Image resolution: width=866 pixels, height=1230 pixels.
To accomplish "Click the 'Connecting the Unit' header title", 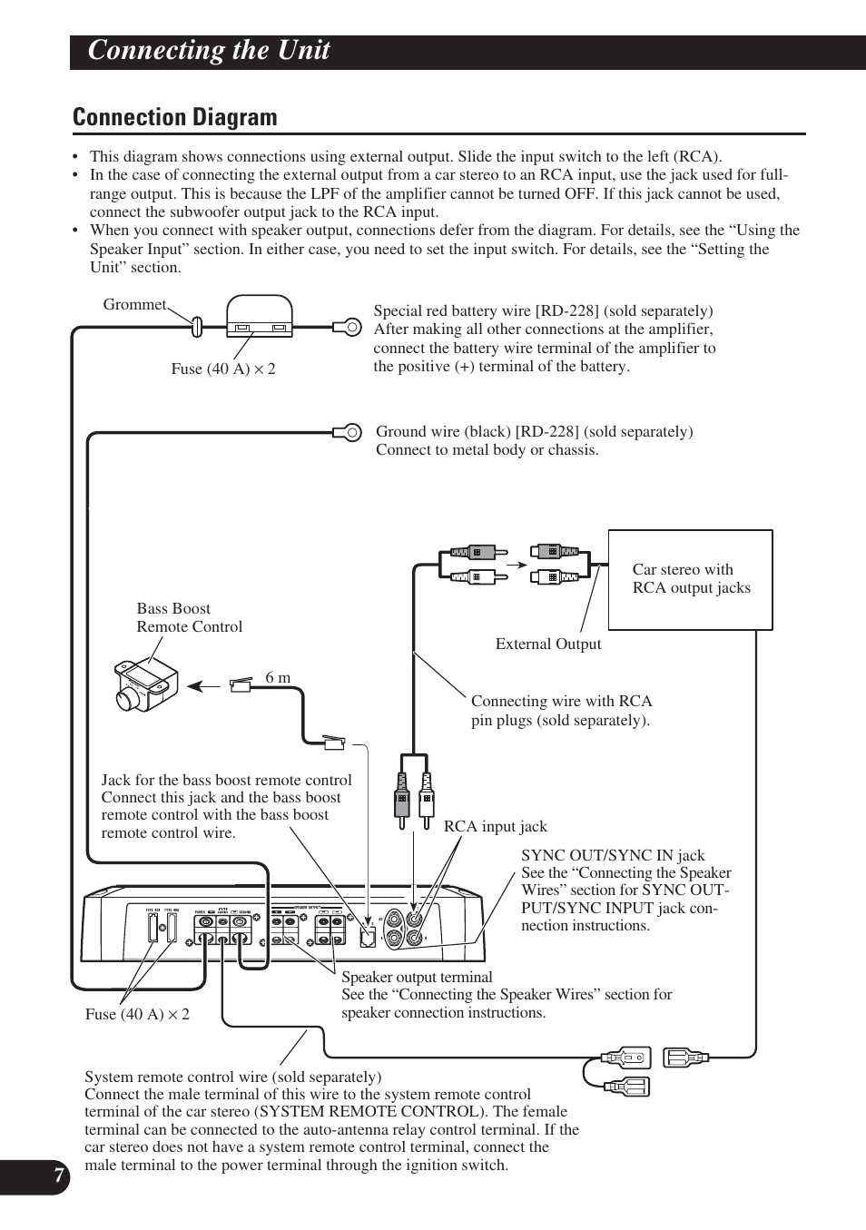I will (x=209, y=51).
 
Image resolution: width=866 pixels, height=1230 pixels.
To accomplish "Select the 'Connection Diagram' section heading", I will (x=175, y=118).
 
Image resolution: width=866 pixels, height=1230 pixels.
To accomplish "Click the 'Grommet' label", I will (x=134, y=305).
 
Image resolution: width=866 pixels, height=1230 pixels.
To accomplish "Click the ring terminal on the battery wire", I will (x=349, y=325).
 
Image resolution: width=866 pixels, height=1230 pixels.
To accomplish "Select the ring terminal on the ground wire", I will (x=349, y=432).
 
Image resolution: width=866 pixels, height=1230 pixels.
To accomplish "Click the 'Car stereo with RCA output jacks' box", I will (x=690, y=579).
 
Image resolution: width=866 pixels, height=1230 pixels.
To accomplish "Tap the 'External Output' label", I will (x=548, y=645).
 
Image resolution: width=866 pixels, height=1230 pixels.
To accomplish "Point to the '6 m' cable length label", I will (x=278, y=678).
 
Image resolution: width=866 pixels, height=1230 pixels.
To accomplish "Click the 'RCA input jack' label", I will (x=496, y=827).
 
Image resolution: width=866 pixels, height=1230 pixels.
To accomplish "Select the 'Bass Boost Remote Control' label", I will (x=189, y=618).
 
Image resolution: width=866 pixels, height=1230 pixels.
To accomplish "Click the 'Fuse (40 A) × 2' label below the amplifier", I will (x=137, y=1015).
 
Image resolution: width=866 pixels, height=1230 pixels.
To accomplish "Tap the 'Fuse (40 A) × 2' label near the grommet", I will (x=223, y=369).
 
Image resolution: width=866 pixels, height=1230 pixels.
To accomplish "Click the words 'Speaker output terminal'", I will (x=417, y=978).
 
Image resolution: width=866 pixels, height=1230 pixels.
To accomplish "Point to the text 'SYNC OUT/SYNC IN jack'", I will (x=613, y=855).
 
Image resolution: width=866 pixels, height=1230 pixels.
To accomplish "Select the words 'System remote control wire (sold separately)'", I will (x=232, y=1077).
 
